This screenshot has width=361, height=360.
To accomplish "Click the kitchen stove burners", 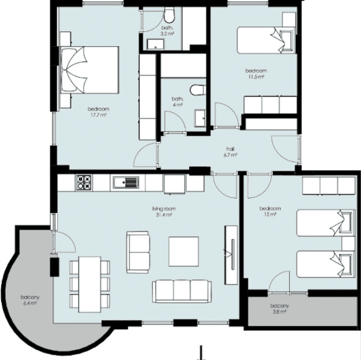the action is pyautogui.click(x=84, y=183).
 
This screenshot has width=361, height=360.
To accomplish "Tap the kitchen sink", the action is pyautogui.click(x=126, y=182).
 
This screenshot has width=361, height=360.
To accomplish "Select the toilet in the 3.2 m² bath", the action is pyautogui.click(x=169, y=15).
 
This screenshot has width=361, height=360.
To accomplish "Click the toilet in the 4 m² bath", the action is pyautogui.click(x=198, y=90).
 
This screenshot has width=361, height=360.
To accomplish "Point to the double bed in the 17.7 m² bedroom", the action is pyautogui.click(x=90, y=70).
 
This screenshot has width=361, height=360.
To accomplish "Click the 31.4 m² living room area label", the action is pyautogui.click(x=164, y=212).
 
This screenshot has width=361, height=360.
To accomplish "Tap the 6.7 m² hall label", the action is pyautogui.click(x=230, y=152).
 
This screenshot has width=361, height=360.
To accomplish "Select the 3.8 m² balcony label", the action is pyautogui.click(x=279, y=308).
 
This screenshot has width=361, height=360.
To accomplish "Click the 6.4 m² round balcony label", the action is pyautogui.click(x=30, y=300).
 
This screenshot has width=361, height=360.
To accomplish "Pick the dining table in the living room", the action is pyautogui.click(x=90, y=284).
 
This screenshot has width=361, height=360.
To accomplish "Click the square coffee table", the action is pyautogui.click(x=183, y=252).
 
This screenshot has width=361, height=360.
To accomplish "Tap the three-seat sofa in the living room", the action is pyautogui.click(x=182, y=291).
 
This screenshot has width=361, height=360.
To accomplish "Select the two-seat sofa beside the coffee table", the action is pyautogui.click(x=138, y=252).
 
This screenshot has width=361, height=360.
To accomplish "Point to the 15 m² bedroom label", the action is pyautogui.click(x=270, y=211).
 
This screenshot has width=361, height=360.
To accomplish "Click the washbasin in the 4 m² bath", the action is pyautogui.click(x=200, y=118).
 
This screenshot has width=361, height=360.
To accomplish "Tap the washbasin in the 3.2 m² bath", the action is pyautogui.click(x=156, y=44).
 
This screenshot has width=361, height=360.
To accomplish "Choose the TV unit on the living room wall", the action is pyautogui.click(x=231, y=255).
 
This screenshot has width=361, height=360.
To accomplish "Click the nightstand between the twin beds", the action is pyautogui.click(x=348, y=244).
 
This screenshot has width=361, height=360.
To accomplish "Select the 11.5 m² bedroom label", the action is pyautogui.click(x=256, y=74).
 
